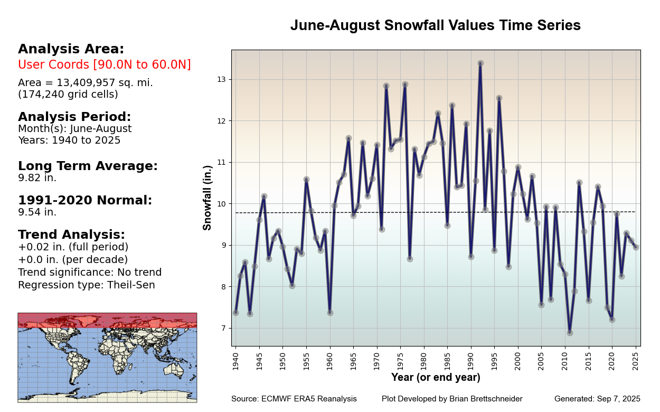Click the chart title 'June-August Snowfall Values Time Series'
[435, 26]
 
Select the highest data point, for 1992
[480, 63]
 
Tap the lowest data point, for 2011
[570, 333]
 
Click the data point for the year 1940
[235, 313]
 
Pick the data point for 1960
[330, 313]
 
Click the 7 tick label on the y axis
[222, 328]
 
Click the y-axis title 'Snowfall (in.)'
[208, 198]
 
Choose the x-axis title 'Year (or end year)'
[436, 378]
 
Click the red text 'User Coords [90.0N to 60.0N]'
[105, 65]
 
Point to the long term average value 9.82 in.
[37, 178]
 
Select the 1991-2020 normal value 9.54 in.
[37, 212]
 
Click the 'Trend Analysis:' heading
[71, 235]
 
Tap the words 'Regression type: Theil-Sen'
[87, 285]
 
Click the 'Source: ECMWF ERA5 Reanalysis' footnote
[294, 399]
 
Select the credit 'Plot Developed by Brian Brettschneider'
[452, 399]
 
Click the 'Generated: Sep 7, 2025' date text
[597, 399]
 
